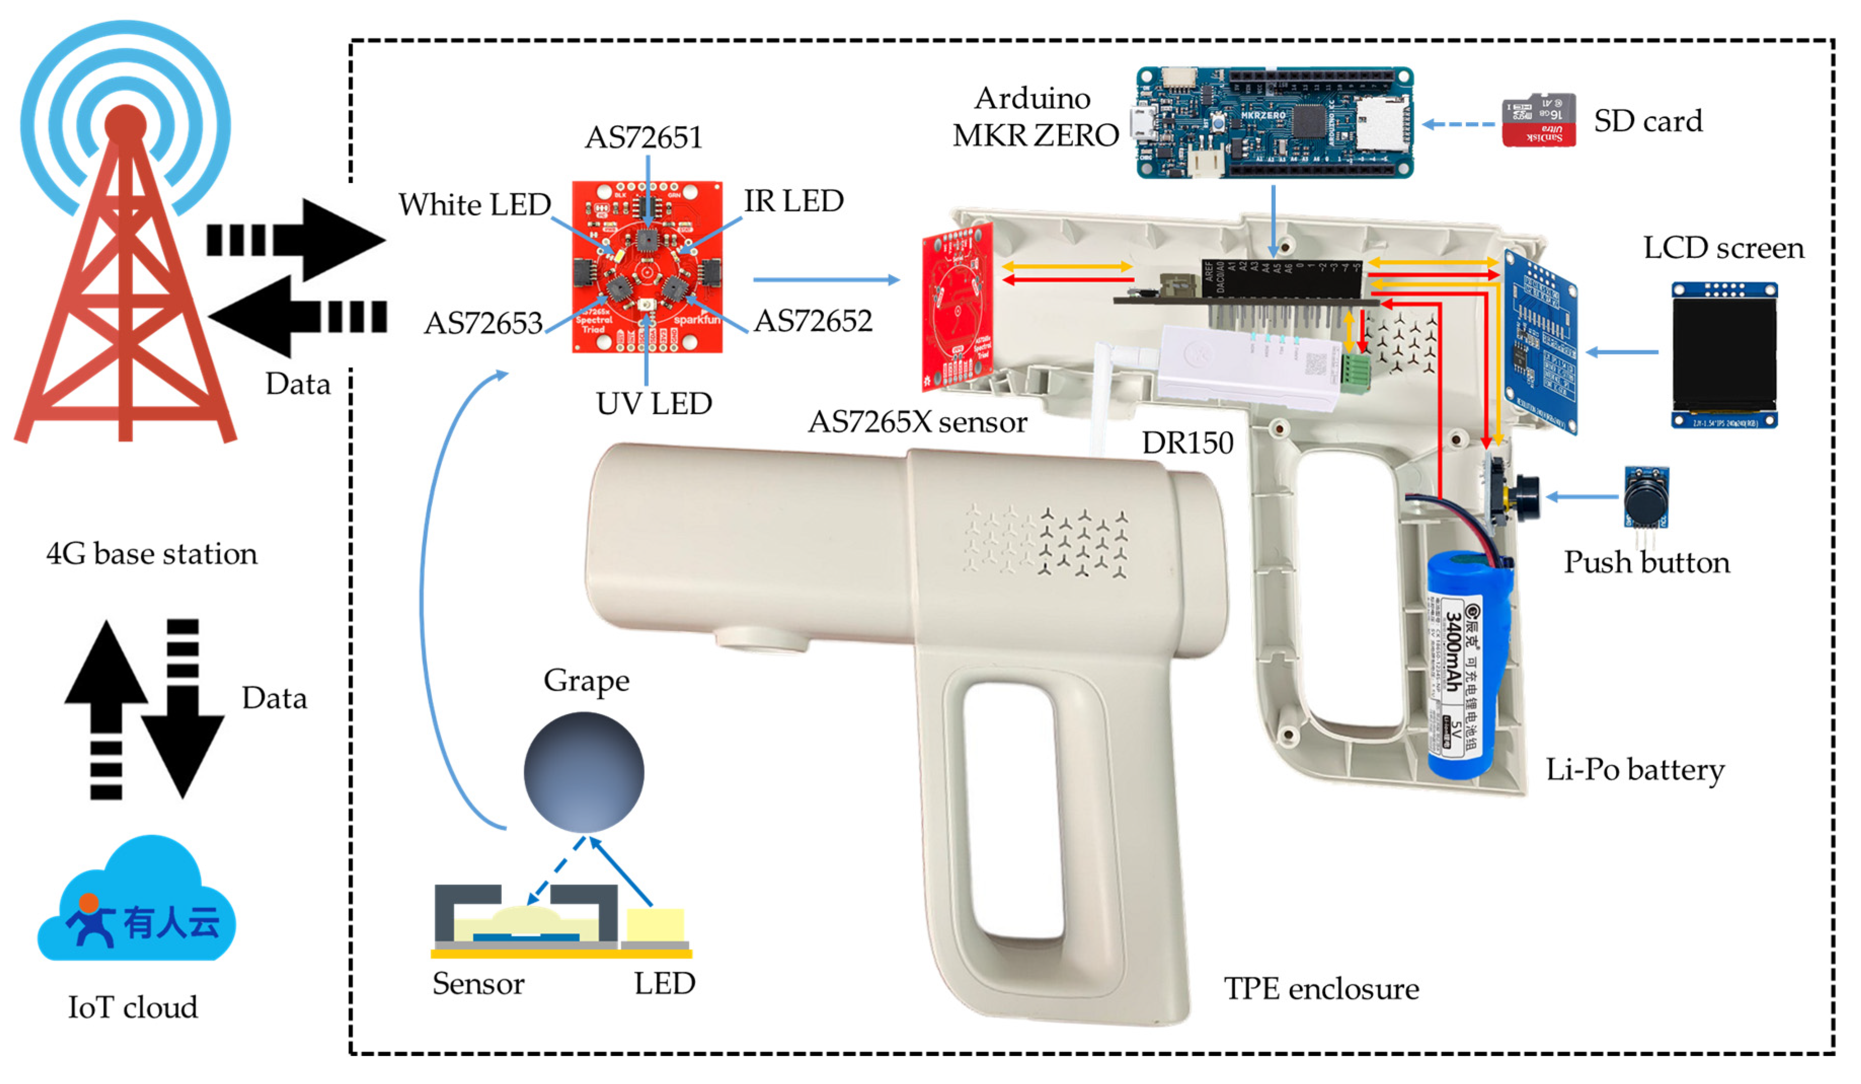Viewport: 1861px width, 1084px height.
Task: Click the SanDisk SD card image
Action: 1538,120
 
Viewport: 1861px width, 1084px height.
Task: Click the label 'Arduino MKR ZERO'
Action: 1035,117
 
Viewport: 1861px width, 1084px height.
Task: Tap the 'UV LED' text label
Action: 654,403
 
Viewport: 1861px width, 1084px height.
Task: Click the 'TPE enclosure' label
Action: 1321,989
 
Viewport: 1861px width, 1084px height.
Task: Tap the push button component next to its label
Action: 1645,497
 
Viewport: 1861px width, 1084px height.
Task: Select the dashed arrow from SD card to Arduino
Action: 1458,124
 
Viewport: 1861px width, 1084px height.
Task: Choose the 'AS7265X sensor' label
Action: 917,422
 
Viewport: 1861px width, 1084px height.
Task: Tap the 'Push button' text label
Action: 1646,563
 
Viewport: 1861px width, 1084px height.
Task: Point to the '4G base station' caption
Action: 151,553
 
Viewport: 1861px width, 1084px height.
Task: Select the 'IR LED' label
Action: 793,201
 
